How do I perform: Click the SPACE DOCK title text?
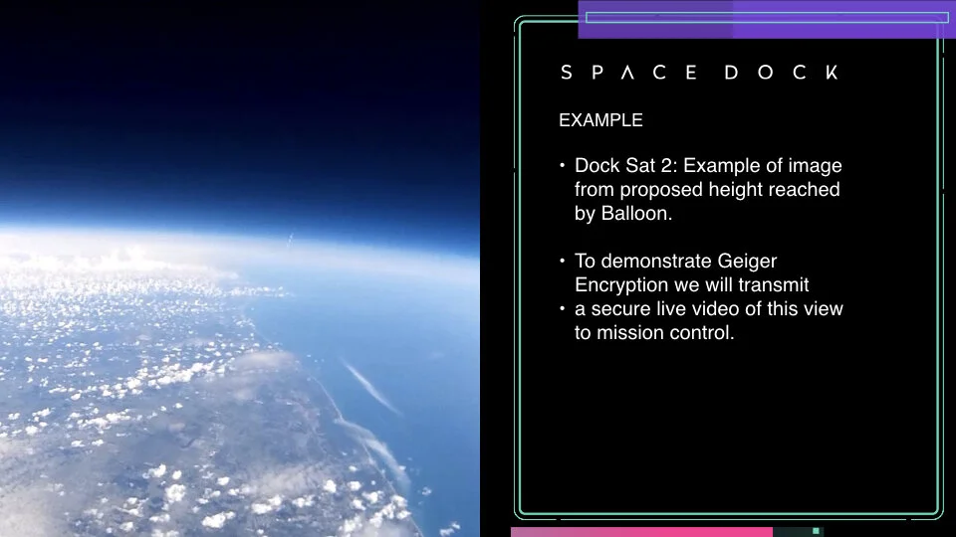click(699, 73)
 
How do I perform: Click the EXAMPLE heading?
click(600, 120)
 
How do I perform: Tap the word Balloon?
click(637, 214)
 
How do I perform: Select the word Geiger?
click(747, 262)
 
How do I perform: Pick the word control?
click(702, 333)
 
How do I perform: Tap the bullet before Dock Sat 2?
click(562, 166)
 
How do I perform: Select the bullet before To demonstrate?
click(562, 262)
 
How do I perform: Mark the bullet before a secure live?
click(562, 309)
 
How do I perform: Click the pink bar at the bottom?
click(641, 532)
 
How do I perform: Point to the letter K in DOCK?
click(832, 73)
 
